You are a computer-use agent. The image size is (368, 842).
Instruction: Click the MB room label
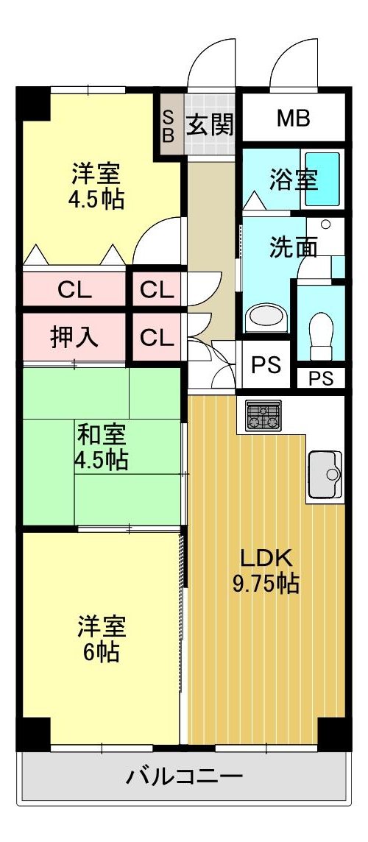[294, 118]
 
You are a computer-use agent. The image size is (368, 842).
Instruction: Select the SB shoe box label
[169, 126]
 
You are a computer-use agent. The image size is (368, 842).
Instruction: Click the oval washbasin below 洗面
[267, 317]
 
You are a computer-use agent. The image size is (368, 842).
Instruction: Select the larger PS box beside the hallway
[266, 365]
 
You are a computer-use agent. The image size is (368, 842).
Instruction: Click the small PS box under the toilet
[321, 378]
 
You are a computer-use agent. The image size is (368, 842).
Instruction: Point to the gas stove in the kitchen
[263, 415]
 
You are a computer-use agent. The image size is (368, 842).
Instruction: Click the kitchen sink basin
[325, 474]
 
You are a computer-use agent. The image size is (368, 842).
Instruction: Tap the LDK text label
[266, 559]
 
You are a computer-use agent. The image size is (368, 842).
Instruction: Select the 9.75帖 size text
[266, 584]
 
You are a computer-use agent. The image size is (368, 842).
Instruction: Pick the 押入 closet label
[74, 337]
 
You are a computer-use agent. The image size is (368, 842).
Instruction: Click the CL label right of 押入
[157, 337]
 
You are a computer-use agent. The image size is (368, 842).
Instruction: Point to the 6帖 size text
[102, 652]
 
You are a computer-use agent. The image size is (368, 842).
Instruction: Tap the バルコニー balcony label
[184, 776]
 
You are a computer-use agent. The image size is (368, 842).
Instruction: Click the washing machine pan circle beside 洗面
[325, 225]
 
